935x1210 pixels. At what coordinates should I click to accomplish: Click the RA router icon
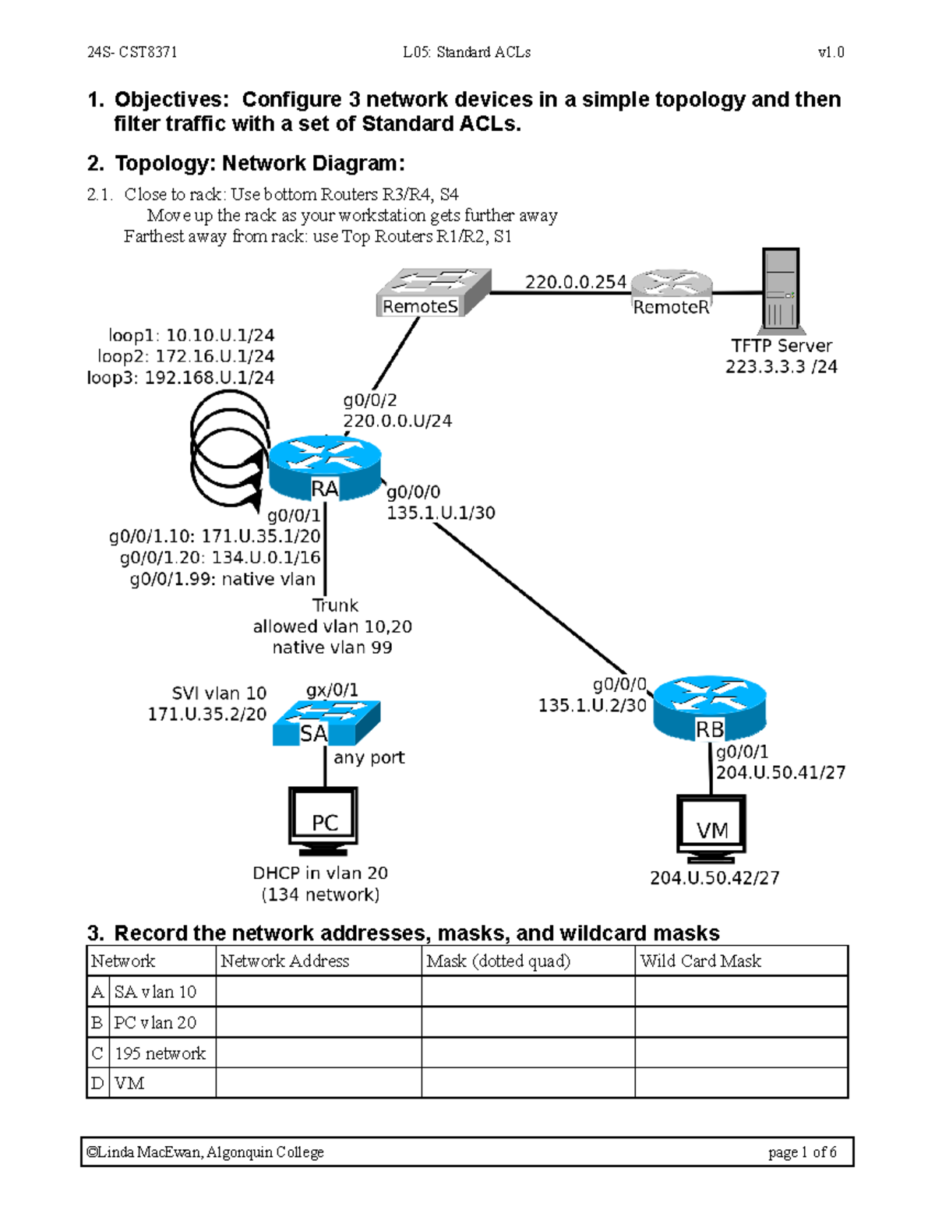pos(325,467)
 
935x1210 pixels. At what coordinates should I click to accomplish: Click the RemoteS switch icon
pos(433,292)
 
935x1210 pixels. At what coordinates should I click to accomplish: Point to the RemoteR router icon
pos(672,293)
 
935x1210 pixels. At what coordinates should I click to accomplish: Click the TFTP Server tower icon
pos(780,289)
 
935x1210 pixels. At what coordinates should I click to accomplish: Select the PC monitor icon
pos(323,819)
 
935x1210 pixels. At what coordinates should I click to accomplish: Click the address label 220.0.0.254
pos(575,282)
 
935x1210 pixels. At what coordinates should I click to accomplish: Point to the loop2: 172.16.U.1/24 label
pos(185,357)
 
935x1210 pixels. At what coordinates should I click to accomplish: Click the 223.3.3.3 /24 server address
pos(781,367)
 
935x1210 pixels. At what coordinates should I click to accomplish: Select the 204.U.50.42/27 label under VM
pos(714,878)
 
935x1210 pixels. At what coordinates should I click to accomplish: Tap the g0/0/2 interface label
pos(370,400)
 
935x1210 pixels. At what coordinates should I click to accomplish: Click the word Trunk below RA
pos(335,605)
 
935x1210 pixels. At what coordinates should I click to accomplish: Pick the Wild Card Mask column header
pos(700,961)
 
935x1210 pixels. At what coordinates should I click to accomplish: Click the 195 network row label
pos(160,1053)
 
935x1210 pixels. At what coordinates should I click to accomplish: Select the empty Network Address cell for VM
pos(318,1083)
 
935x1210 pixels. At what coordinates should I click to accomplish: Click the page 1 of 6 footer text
pos(802,1152)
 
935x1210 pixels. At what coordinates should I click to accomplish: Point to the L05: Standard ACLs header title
pos(467,52)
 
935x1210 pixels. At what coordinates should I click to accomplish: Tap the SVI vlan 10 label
pos(219,693)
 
